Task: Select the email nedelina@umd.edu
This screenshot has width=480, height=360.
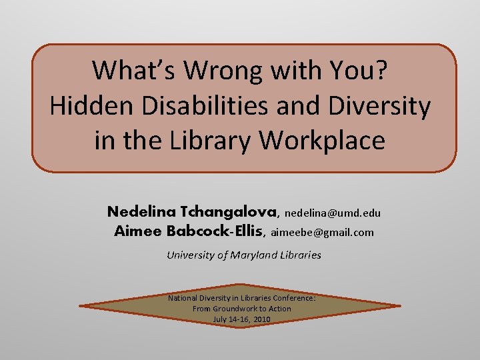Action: (x=333, y=213)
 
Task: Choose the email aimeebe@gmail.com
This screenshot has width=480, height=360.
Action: (x=323, y=233)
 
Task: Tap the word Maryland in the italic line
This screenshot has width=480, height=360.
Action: (x=258, y=255)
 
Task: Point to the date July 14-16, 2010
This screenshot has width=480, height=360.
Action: (x=241, y=319)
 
